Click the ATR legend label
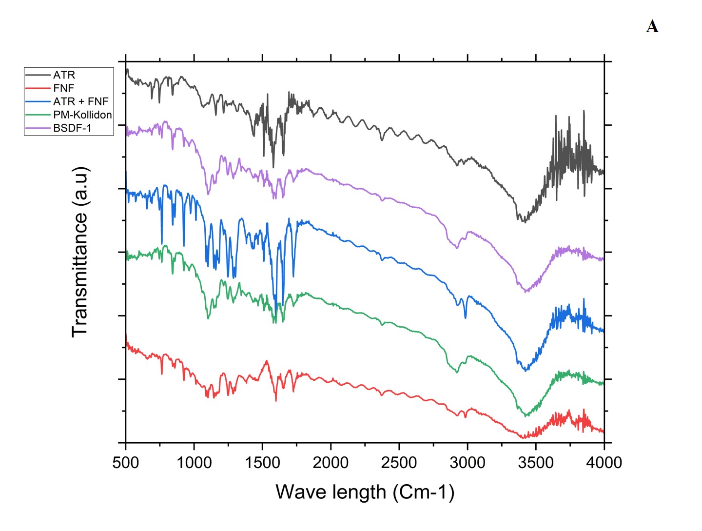[64, 75]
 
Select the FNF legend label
[63, 88]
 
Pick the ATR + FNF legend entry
[80, 101]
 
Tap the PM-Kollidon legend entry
[82, 115]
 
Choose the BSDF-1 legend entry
[72, 128]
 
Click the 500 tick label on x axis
[126, 462]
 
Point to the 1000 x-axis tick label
[194, 462]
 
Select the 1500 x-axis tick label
[262, 462]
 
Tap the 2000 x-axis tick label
[331, 462]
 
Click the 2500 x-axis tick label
[399, 462]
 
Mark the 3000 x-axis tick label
[468, 462]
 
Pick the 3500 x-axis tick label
[536, 462]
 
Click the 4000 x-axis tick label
[604, 462]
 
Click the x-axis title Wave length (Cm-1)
[365, 492]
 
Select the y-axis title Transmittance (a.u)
[80, 252]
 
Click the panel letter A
[652, 26]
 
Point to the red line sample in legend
[38, 88]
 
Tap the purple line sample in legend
[38, 128]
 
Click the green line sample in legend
[38, 115]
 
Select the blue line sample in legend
[38, 101]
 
